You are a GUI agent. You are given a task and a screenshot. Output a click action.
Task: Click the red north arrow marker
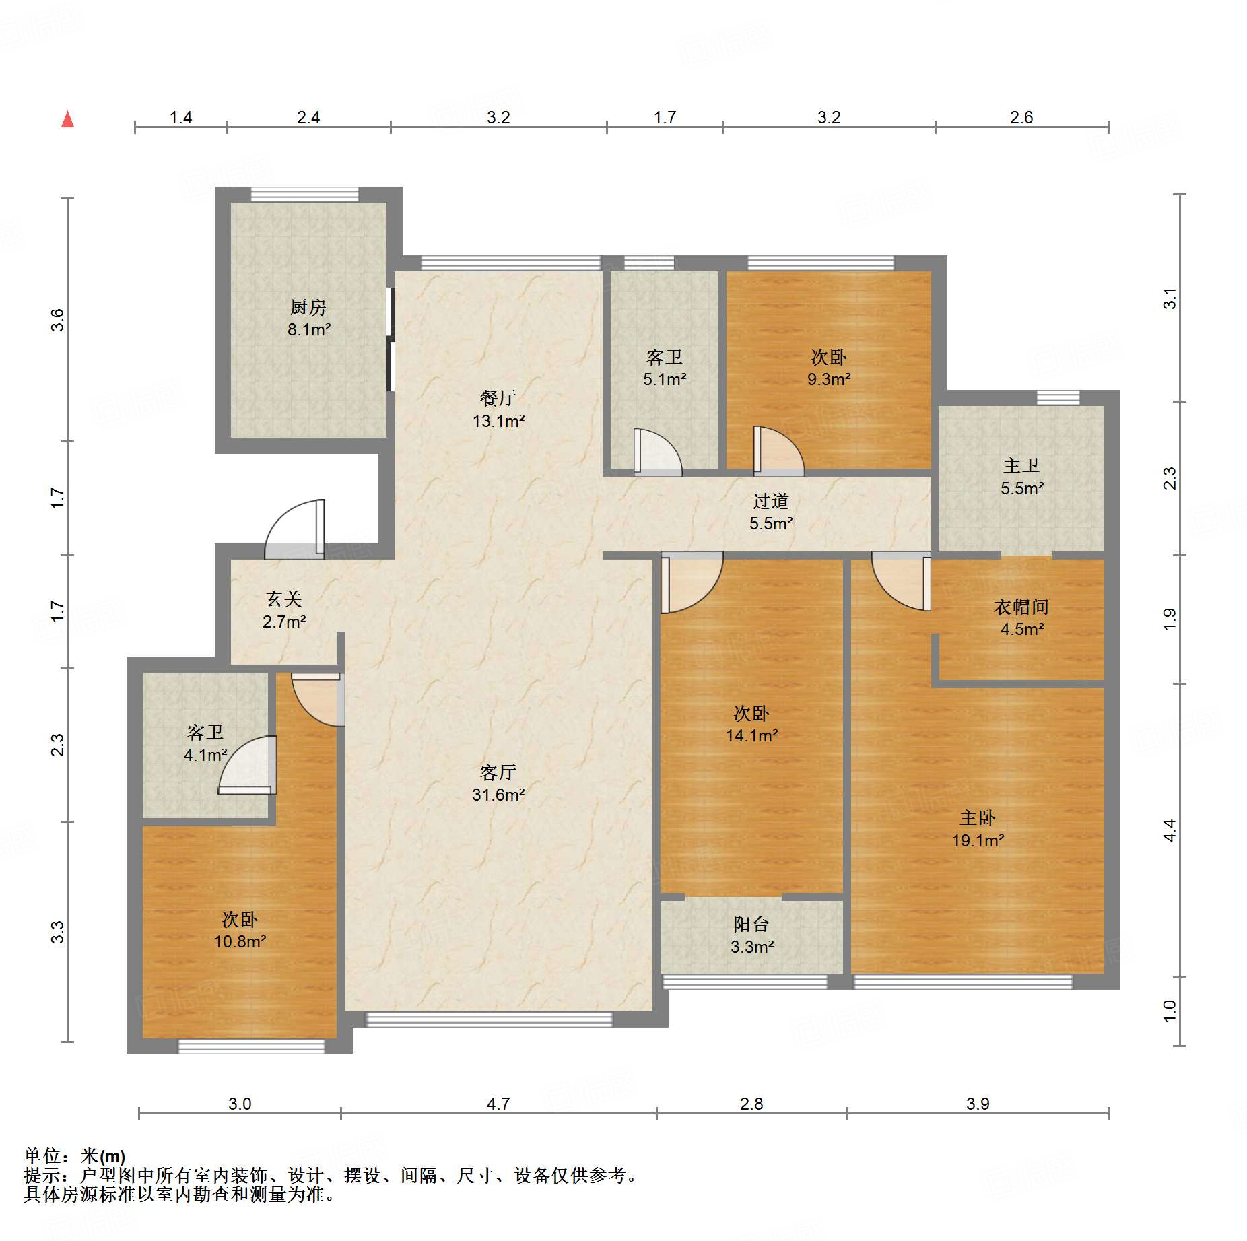67,119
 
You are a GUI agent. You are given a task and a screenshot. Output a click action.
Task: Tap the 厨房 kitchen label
308,307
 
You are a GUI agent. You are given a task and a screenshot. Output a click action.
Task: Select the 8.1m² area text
309,329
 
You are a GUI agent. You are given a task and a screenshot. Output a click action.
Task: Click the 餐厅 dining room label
498,398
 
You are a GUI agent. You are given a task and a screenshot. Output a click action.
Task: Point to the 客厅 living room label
498,772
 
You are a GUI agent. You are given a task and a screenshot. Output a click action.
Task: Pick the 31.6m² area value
498,795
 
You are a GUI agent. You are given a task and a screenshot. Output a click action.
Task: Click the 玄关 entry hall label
284,599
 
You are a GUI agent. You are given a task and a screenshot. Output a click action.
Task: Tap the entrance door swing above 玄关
294,529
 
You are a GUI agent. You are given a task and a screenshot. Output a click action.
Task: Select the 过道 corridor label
771,501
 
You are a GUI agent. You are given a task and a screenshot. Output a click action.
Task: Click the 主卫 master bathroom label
1021,465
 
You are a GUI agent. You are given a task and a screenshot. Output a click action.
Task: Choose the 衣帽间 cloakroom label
1021,607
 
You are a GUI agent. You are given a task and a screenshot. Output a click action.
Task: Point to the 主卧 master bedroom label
978,817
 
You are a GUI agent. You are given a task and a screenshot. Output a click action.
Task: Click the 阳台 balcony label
751,924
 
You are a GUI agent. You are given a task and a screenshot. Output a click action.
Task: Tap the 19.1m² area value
978,840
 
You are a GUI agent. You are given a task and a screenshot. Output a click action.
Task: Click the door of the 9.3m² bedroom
779,451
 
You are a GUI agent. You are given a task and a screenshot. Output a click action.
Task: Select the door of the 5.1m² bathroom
658,452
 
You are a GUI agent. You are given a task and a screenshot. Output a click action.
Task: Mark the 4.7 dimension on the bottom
498,1104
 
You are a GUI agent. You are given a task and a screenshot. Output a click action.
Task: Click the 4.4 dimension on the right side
1170,830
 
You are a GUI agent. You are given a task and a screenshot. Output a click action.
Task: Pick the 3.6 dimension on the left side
57,320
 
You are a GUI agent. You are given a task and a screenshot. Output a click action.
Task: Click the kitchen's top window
305,195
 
